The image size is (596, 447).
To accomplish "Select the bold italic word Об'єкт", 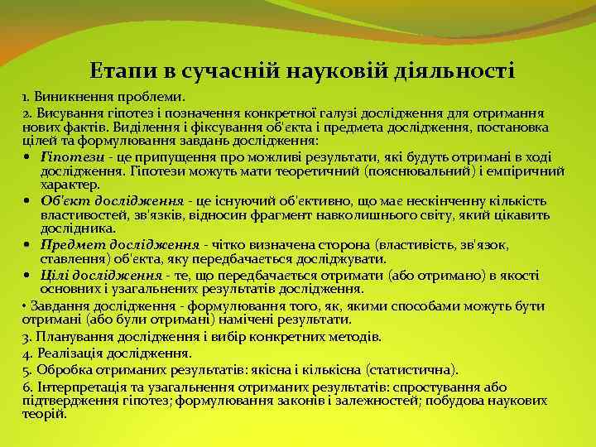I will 61,200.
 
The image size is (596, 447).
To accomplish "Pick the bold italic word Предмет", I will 69,246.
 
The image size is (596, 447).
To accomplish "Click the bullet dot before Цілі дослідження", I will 29,276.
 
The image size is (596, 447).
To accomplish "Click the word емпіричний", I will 535,171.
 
